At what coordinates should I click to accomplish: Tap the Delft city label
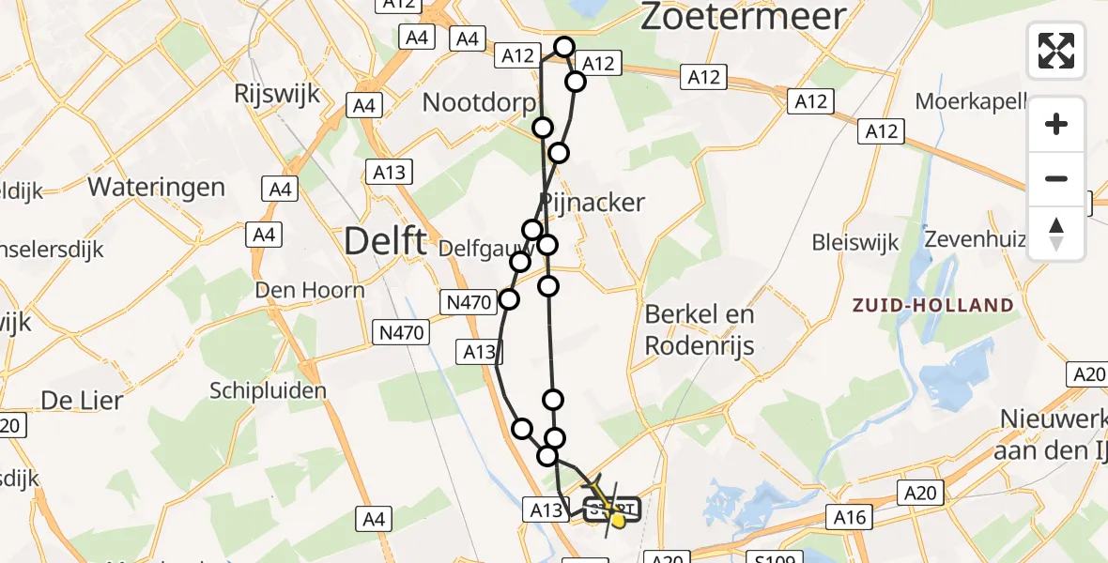point(386,241)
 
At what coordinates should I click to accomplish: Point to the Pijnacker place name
point(592,202)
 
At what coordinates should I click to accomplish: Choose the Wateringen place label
point(157,187)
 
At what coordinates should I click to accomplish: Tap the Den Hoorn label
point(309,290)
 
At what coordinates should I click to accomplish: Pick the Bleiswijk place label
point(855,243)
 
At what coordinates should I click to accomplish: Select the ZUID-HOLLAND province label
point(932,305)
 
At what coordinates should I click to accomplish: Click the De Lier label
point(82,401)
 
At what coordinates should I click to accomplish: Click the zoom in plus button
point(1056,124)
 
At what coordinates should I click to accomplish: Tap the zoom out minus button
point(1056,178)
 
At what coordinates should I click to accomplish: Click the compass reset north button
point(1056,233)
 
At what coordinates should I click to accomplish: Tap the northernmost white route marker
point(564,47)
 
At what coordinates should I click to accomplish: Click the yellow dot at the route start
point(618,519)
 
